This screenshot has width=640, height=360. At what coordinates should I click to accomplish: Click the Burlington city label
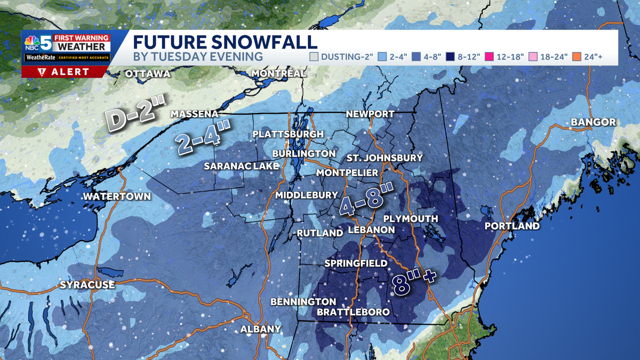tap(303, 154)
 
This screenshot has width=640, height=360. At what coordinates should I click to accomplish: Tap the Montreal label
tap(279, 73)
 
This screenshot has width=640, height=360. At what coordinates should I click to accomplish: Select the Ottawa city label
tap(147, 74)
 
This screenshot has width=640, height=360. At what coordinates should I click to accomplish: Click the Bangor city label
tap(593, 123)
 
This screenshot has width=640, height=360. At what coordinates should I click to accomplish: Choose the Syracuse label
tap(87, 285)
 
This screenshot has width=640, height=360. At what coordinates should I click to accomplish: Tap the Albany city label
tap(260, 329)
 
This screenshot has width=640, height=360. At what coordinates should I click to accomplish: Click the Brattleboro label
tap(353, 312)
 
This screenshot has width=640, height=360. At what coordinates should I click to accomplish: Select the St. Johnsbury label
tap(385, 158)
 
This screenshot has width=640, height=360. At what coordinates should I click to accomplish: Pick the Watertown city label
tap(117, 196)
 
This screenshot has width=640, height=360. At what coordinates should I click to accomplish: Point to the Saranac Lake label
tap(242, 166)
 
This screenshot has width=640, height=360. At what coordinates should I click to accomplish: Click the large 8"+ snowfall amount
tap(412, 283)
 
